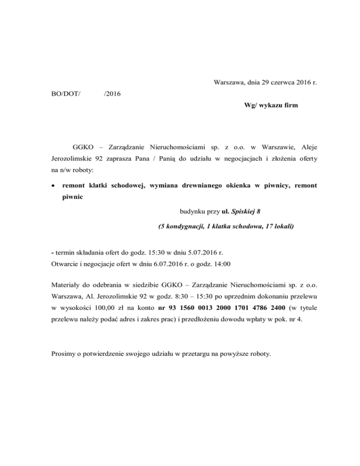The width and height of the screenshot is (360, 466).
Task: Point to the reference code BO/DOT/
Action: (x=65, y=94)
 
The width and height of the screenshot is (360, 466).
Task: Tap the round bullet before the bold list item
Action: (x=53, y=186)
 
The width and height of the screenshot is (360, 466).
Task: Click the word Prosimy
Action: (x=65, y=353)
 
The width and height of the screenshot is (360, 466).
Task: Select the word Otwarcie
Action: (x=65, y=264)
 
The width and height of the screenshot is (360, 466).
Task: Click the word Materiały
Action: (x=67, y=285)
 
